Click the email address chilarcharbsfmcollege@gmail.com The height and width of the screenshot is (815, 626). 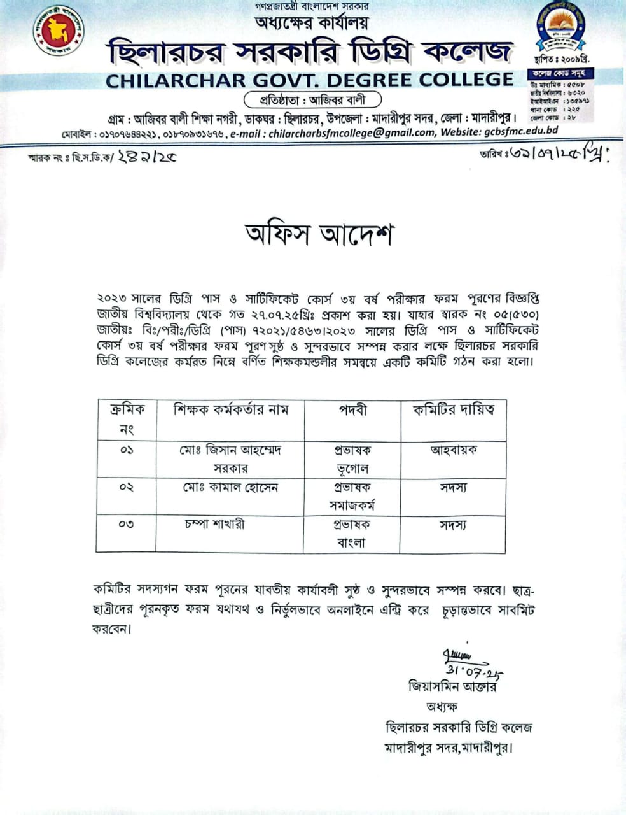351,132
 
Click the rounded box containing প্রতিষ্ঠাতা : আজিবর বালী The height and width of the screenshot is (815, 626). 313,100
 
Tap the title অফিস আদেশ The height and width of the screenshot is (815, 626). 319,234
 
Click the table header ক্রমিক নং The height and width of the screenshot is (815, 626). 127,419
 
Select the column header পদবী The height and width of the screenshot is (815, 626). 352,410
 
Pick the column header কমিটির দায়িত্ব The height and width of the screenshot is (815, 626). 453,410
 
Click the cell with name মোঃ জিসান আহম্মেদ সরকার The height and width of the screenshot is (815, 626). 230,458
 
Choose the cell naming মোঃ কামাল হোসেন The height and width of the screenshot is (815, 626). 230,488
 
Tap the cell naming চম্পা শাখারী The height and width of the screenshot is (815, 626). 214,525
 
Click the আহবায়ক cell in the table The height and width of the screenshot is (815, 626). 453,450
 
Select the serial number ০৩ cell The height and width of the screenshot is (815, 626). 126,525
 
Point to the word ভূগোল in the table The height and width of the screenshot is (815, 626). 352,469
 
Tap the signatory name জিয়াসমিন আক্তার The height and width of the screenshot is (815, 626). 452,686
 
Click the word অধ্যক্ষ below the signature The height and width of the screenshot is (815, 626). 442,707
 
